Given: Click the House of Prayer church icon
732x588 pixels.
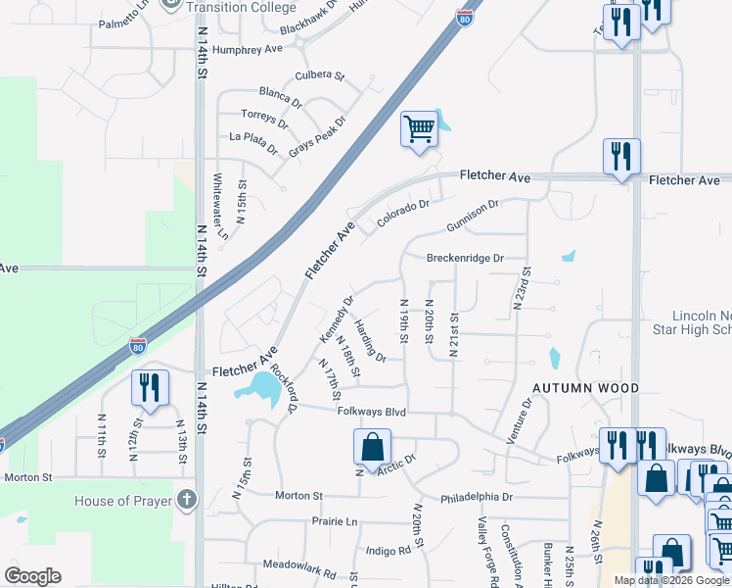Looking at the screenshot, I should [x=187, y=501].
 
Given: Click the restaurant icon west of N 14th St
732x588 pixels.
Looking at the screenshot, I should [x=150, y=387].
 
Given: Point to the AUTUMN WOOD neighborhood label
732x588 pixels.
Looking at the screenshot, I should [x=585, y=388].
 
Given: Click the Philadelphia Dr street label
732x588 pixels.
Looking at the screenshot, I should [x=477, y=497].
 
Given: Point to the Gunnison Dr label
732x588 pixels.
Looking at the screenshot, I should [x=473, y=217].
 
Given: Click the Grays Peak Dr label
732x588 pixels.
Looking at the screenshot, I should [x=318, y=137].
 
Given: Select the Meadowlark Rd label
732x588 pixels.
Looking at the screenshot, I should [x=299, y=565].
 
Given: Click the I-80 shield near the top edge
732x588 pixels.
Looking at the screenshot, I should [x=464, y=17].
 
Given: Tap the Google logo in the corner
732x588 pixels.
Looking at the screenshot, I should [x=32, y=576].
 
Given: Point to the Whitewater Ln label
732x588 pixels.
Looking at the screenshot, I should [x=220, y=207].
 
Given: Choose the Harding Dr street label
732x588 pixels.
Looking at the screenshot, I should [x=370, y=341].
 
